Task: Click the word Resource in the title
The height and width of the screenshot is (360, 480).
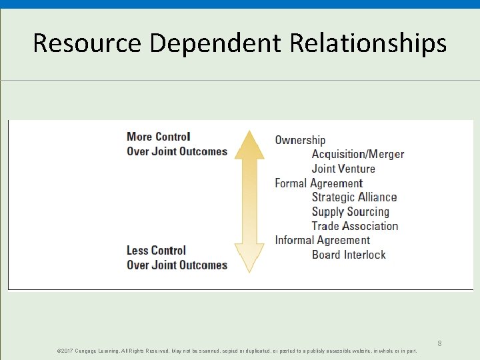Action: [87, 43]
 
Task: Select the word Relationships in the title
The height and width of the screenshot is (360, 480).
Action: [368, 43]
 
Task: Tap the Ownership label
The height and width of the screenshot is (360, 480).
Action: [300, 140]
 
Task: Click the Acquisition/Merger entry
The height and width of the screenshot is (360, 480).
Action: [358, 154]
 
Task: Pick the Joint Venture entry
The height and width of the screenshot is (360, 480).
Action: [343, 169]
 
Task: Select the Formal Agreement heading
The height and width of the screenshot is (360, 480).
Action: [319, 183]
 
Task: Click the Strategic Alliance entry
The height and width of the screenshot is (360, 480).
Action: [354, 197]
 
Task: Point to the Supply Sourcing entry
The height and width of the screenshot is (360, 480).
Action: [350, 212]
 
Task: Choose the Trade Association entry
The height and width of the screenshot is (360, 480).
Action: [355, 226]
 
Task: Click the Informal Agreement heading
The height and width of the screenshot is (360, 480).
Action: [322, 240]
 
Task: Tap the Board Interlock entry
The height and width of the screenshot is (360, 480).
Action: [349, 255]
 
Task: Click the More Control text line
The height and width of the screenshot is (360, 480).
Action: [159, 137]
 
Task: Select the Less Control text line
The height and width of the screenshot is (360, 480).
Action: [156, 251]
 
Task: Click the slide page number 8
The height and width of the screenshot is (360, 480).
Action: [439, 343]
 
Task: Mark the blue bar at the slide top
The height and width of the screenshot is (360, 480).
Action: [240, 4]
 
